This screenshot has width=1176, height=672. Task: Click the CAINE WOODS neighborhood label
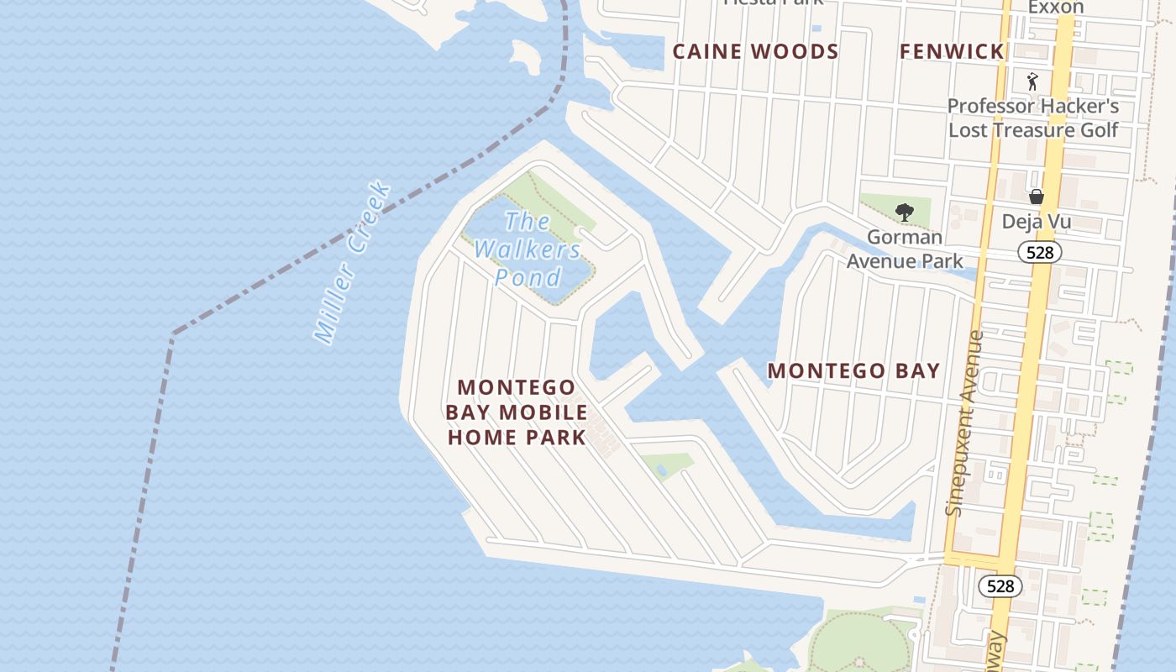coord(755,51)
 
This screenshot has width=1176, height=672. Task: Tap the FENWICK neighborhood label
coord(952,51)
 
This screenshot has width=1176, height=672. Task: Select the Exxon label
coord(1056,8)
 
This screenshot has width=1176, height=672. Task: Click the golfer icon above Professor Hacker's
coord(1032,81)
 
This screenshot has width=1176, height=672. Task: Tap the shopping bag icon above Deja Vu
coord(1037,197)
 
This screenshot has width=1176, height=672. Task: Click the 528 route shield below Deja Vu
coord(1040,251)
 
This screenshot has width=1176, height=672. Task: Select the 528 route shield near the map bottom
coord(1000,585)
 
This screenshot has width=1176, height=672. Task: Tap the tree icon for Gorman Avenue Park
coord(904,212)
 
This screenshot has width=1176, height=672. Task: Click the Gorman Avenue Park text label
coord(904,249)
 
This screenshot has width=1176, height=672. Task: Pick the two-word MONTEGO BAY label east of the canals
coord(853,370)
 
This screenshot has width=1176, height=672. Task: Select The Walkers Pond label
coord(528,249)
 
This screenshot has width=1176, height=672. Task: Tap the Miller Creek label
coord(352,263)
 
